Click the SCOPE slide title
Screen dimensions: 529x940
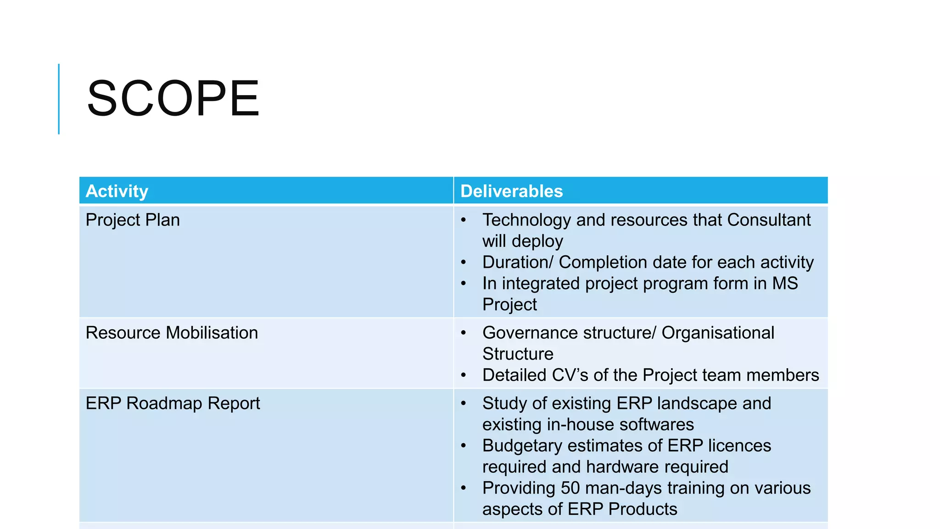[x=173, y=98]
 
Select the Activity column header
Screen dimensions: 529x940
[x=117, y=191]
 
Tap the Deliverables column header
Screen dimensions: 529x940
[x=511, y=191]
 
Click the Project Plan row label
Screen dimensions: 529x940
[x=133, y=220]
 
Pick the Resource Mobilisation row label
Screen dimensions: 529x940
[x=172, y=332]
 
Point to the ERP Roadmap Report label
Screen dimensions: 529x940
[x=173, y=403]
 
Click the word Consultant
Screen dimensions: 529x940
[x=769, y=220]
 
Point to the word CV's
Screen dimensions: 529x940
[x=570, y=375]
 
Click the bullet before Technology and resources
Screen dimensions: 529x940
[x=464, y=220]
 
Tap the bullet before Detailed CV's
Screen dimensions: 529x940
[x=464, y=376]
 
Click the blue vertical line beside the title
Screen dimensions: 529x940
[x=59, y=99]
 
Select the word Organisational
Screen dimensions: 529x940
[x=718, y=332]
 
